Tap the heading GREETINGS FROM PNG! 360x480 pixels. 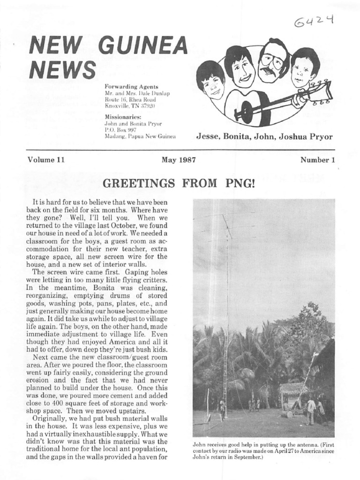179,183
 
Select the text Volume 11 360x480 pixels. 45,160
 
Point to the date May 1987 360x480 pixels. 179,160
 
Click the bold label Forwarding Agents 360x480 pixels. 132,87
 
